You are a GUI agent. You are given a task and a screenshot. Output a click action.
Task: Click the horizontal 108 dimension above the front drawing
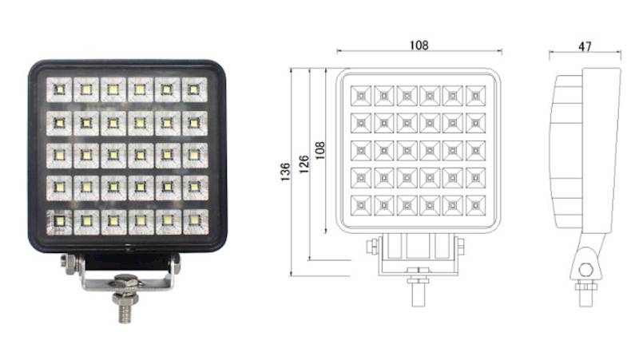[419, 45]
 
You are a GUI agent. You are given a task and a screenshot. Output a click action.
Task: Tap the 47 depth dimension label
[585, 46]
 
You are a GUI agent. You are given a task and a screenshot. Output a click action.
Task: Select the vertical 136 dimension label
[285, 172]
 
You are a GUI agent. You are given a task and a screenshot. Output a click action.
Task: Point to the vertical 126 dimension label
[304, 164]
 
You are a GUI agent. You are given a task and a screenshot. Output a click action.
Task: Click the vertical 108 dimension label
[320, 151]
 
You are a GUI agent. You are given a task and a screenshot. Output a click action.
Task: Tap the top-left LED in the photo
[59, 89]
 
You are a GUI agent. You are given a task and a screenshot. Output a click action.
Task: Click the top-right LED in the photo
[194, 89]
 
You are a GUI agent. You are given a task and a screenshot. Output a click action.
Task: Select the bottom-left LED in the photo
[59, 221]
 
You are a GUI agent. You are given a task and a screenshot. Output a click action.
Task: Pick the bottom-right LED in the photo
[195, 221]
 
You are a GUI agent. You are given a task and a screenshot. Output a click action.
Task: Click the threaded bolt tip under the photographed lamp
[125, 314]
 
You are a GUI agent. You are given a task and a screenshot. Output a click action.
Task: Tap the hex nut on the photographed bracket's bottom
[126, 281]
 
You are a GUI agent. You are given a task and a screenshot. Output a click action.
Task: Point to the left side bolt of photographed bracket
[69, 263]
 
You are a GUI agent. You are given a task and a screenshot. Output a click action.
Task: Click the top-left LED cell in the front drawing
[361, 96]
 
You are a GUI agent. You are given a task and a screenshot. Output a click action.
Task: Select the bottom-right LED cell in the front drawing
[475, 205]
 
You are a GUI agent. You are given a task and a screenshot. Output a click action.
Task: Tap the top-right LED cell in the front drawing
[475, 96]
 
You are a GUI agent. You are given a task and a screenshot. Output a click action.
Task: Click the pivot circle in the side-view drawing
[586, 269]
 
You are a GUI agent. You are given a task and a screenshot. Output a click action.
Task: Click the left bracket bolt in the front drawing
[372, 247]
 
